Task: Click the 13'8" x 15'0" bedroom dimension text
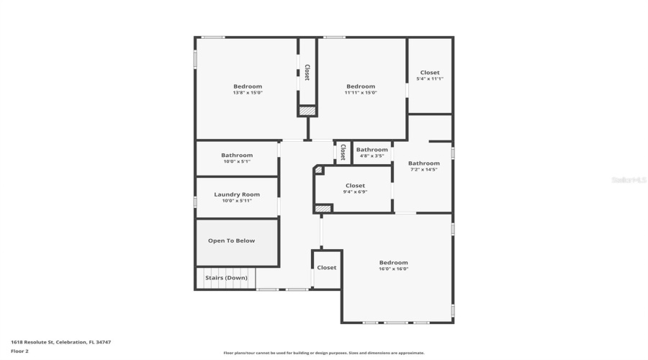[247, 93]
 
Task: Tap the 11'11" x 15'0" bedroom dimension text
[360, 93]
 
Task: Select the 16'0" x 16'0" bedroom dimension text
[393, 269]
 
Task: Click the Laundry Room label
[237, 194]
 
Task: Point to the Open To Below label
[231, 240]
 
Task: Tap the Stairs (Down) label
[226, 278]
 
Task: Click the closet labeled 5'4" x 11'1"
[430, 76]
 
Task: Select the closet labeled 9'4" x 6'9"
[355, 189]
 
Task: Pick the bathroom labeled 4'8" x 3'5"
[372, 153]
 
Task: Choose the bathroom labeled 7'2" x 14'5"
[424, 166]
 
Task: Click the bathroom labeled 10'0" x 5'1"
[237, 158]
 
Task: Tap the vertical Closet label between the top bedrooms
[307, 72]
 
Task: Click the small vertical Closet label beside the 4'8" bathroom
[343, 152]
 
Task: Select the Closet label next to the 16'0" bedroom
[326, 268]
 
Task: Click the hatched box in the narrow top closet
[307, 111]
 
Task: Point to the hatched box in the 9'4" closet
[323, 208]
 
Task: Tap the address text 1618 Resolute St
[60, 342]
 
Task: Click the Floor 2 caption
[19, 351]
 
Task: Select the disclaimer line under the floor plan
[323, 353]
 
